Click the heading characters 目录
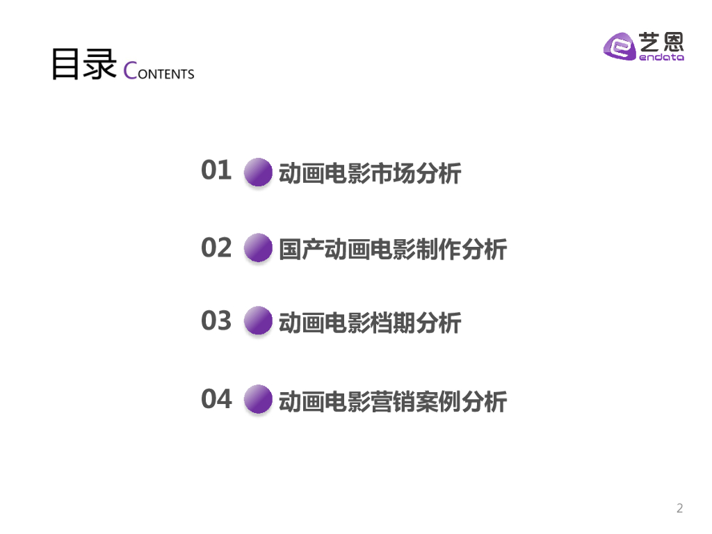click(x=83, y=65)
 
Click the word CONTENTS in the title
click(x=159, y=72)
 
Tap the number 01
click(x=216, y=170)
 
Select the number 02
click(x=216, y=248)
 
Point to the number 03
click(x=216, y=321)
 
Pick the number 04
click(x=216, y=399)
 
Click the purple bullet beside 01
click(x=259, y=172)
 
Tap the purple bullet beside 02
click(x=259, y=248)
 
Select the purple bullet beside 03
click(x=259, y=321)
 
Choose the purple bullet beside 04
click(x=259, y=399)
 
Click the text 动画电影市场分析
click(x=369, y=173)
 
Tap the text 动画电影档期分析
click(x=369, y=323)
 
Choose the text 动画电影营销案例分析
click(x=393, y=402)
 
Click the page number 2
click(x=679, y=508)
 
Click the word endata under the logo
click(x=661, y=58)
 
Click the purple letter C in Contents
click(x=131, y=71)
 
